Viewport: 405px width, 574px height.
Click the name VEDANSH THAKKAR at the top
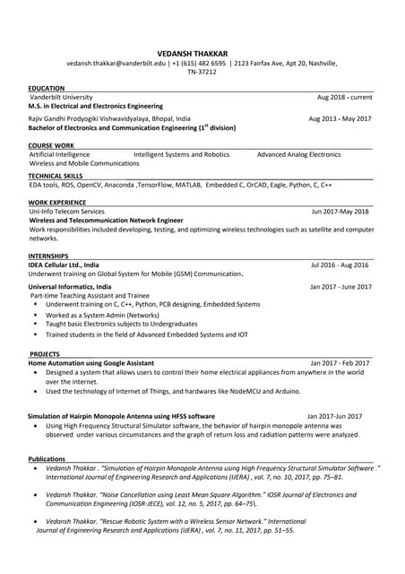[x=202, y=53]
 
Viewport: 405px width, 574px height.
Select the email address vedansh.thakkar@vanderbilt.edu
[x=116, y=64]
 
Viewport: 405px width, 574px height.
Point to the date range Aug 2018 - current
[x=344, y=97]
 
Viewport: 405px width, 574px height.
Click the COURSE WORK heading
[x=51, y=144]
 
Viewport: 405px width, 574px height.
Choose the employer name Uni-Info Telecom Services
[x=73, y=211]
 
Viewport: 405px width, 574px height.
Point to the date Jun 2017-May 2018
[x=340, y=212]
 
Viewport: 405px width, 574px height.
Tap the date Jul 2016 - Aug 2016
[x=340, y=265]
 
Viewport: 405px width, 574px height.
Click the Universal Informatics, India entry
[x=71, y=287]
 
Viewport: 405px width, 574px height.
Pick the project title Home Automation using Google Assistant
[x=91, y=362]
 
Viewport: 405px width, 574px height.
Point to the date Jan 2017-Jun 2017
[x=334, y=416]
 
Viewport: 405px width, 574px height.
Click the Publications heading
[x=47, y=458]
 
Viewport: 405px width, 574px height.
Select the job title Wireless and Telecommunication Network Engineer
[x=106, y=220]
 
